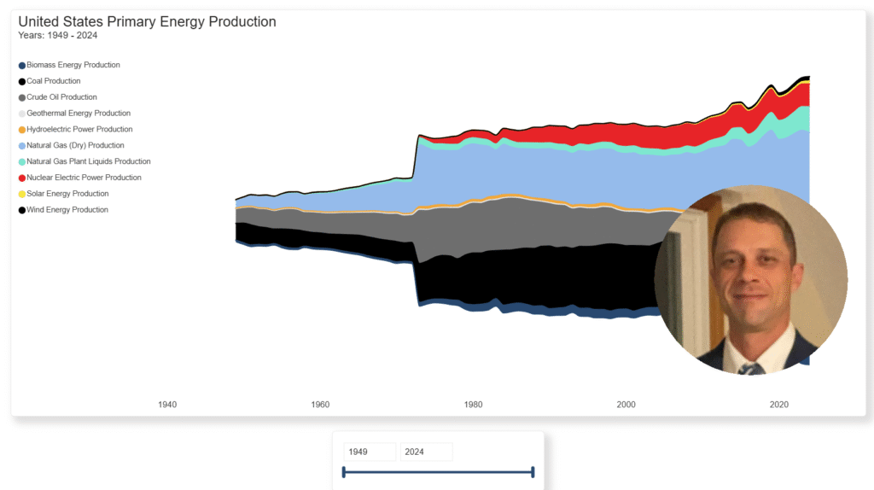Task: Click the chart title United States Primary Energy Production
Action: click(147, 21)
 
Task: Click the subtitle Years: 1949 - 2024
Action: click(58, 36)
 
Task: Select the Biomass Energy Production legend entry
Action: click(73, 65)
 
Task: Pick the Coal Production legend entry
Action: click(53, 81)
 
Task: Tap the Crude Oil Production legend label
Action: click(61, 97)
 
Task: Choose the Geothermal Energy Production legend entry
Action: click(78, 114)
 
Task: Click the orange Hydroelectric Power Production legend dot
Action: click(22, 130)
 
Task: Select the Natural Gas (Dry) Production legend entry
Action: click(75, 146)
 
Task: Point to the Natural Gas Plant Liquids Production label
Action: click(89, 161)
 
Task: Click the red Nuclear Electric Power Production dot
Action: click(22, 178)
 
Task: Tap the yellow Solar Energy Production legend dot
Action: click(22, 194)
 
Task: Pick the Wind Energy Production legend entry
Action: click(67, 210)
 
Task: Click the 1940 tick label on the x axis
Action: click(168, 405)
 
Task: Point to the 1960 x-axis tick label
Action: click(321, 405)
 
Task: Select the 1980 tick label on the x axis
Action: click(474, 405)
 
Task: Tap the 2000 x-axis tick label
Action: click(626, 405)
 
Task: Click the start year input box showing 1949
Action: click(369, 452)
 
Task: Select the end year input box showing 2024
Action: click(426, 452)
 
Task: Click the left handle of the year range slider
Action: click(343, 472)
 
